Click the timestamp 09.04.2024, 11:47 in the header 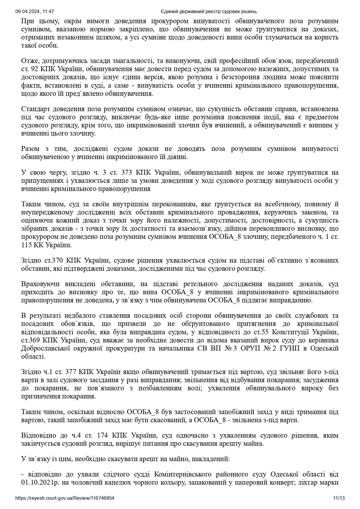[x=35, y=12]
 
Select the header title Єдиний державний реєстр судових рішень [x=209, y=12]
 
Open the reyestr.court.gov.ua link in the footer [x=65, y=498]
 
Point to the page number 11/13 [x=339, y=498]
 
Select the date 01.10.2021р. [x=39, y=483]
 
